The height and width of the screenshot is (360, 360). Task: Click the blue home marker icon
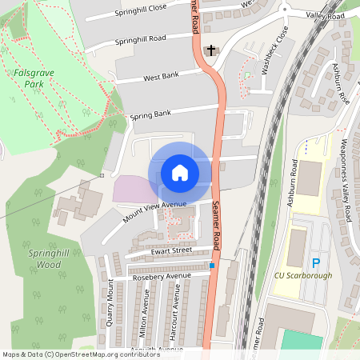179,172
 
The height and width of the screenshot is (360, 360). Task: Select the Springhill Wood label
45,258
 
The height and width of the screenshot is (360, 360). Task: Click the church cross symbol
211,50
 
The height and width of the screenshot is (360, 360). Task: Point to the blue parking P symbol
315,262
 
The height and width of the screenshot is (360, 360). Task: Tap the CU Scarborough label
303,276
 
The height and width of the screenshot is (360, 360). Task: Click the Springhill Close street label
141,12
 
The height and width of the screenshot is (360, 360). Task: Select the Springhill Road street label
140,38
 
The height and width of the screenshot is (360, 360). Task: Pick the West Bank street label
161,76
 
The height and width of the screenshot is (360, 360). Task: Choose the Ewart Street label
171,250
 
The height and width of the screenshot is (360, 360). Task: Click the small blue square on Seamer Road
212,265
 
